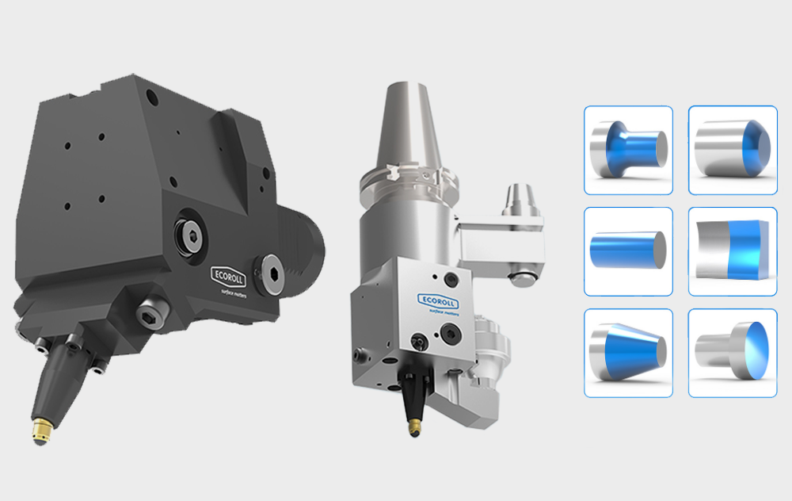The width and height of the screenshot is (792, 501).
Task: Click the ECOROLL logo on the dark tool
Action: point(230,273)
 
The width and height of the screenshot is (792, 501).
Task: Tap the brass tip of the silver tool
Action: point(413,428)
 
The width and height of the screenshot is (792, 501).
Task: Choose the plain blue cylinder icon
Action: point(628,250)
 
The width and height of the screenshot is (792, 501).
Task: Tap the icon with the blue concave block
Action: point(732,250)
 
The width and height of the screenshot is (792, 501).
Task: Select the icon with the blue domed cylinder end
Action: point(732,150)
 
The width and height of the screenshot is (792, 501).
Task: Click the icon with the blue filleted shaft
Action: point(628,150)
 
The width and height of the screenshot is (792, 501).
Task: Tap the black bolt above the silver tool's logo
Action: point(451,277)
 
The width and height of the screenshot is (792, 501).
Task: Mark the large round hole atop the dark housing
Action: point(154,101)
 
